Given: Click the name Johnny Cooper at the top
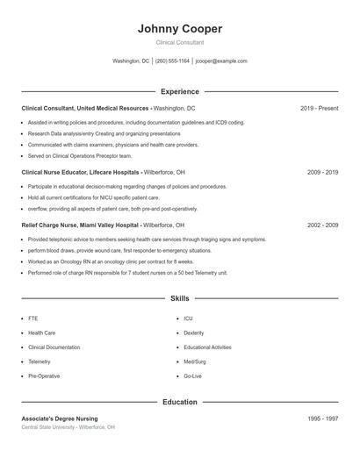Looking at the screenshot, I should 179,28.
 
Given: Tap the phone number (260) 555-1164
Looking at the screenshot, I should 172,61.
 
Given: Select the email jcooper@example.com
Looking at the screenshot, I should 221,61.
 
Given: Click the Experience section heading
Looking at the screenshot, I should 179,91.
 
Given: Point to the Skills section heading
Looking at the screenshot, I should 179,299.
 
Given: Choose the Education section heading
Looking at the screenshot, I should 179,402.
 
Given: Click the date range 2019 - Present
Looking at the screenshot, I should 319,108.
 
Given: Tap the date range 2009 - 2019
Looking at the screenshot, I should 322,173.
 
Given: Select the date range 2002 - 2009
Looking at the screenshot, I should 322,225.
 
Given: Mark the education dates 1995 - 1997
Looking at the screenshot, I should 322,418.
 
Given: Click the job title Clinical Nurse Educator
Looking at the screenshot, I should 54,173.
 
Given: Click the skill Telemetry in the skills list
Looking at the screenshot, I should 40,361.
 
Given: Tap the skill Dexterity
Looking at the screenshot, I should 194,333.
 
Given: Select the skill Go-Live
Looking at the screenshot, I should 192,376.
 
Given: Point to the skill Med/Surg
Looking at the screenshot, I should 195,361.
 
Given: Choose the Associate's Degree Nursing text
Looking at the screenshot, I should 60,418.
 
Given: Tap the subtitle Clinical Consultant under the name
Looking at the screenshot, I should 179,42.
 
